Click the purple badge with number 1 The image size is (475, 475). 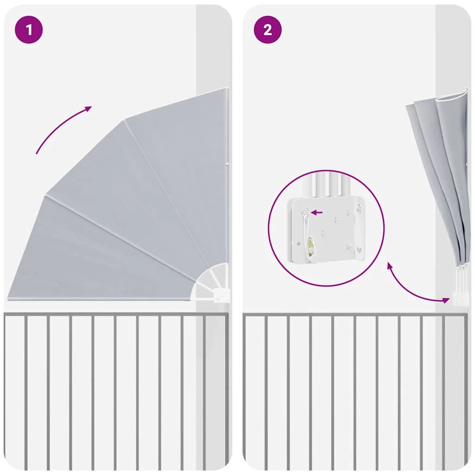coord(29,30)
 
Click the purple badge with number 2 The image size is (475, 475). coord(268,30)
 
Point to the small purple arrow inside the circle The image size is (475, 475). coord(316,212)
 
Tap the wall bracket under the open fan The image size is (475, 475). coord(222,295)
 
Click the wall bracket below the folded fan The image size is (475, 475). coord(459,298)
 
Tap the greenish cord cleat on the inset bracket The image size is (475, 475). coord(310,245)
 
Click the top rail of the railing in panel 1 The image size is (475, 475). coord(116,315)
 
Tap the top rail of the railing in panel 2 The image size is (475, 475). coord(355,315)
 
